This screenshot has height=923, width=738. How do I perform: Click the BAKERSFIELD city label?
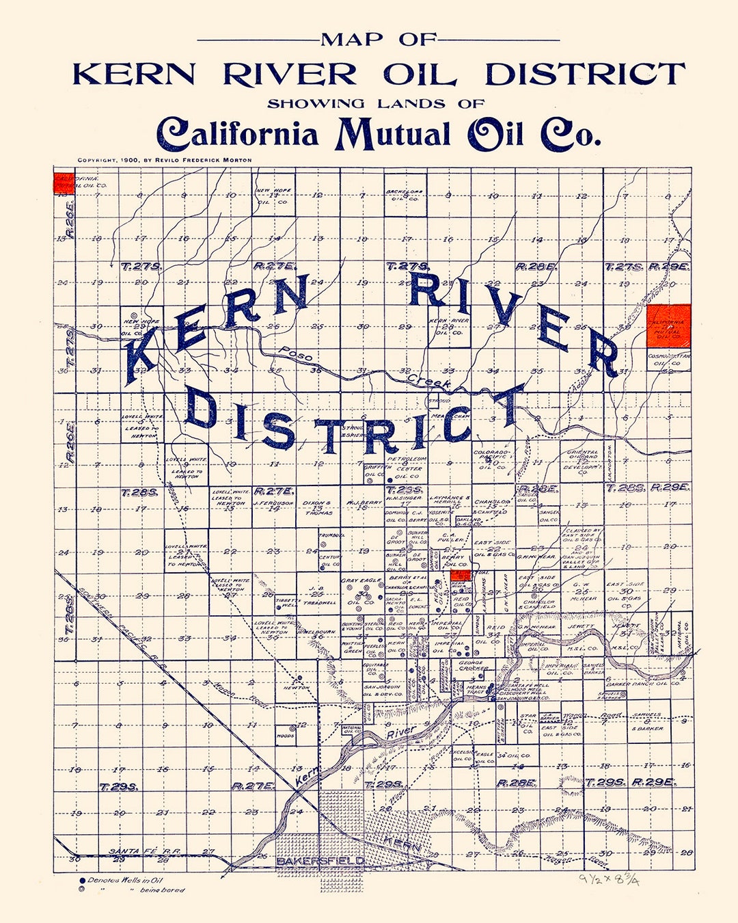(320, 861)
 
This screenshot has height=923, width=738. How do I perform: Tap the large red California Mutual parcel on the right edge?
(668, 326)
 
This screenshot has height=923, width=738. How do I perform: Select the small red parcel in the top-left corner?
(64, 183)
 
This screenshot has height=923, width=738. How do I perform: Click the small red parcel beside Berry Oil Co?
(462, 576)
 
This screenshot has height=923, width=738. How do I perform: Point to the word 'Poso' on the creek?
(296, 354)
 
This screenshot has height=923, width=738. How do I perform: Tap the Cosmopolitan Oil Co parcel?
(668, 360)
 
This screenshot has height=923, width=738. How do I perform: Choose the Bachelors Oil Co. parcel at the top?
(405, 196)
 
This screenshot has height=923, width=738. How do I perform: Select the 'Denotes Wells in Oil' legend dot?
(83, 881)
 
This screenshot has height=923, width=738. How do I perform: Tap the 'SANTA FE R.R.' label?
(135, 851)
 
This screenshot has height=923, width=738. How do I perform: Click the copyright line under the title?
(164, 160)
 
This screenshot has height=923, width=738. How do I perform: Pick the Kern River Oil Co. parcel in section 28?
(448, 326)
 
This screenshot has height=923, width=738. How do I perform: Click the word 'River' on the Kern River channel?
(401, 732)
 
